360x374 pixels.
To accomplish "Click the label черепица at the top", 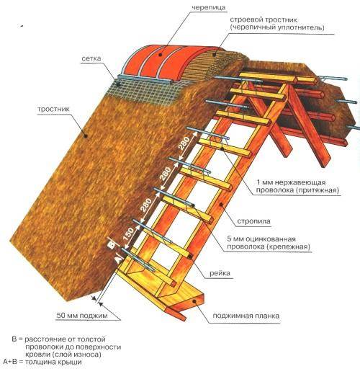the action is pos(208,8).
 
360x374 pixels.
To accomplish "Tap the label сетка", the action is pos(91,58).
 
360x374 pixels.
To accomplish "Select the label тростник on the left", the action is pos(53,110).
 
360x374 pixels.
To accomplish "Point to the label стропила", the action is pos(253,221).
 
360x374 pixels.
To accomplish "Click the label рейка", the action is pos(220,273).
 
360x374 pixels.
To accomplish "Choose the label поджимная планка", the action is pos(246,316).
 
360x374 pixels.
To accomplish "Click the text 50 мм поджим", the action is pos(82,316).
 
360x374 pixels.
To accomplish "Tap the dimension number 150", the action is pos(128,233).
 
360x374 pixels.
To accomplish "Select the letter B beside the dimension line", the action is pos(111,245).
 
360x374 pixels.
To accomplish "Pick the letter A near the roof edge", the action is pos(117,259).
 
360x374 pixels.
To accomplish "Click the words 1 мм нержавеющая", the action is pos(291,182).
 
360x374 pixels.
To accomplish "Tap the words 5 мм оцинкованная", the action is pos(261,239).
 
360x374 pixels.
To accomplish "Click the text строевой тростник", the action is pos(264,19).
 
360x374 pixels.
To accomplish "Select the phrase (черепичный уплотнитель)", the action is pos(277,27).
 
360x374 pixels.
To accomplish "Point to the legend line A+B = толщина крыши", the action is pos(42,362).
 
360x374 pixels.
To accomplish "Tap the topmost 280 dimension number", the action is pos(184,143).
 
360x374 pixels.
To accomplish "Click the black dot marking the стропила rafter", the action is pos(221,205).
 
